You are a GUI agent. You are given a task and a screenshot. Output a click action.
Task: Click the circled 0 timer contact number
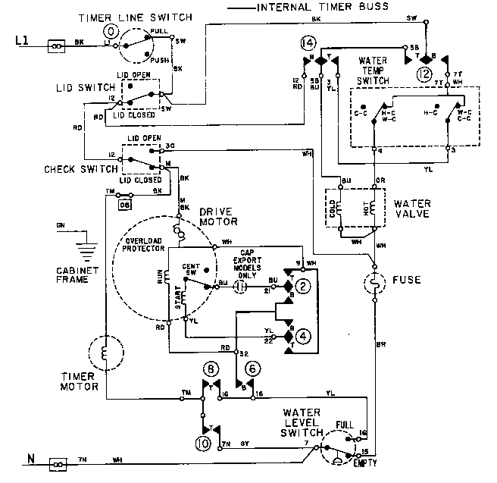111,31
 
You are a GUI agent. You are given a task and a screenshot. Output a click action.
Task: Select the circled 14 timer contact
308,43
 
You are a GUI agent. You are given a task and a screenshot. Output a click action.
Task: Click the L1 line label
23,45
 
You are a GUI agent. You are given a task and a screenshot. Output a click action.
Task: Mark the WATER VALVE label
412,207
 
